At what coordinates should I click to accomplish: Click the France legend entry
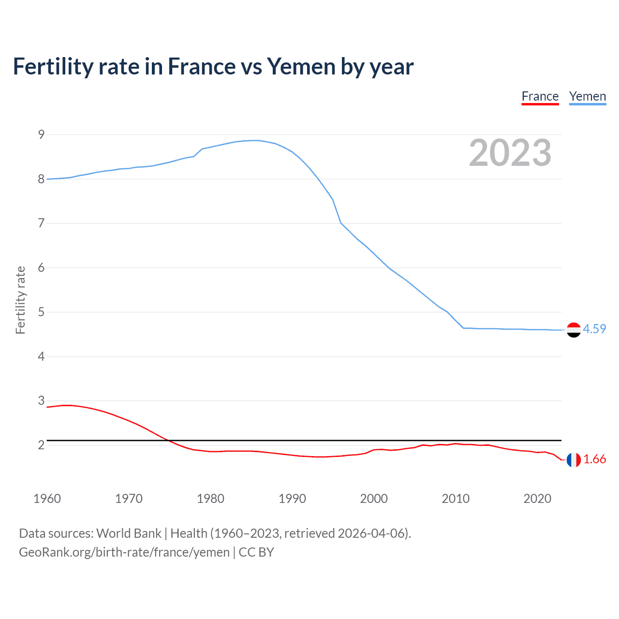(540, 97)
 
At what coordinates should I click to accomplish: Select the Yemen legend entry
(587, 97)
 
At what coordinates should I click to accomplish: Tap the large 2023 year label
(510, 153)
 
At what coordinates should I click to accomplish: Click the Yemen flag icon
(574, 330)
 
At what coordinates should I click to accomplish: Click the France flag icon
(574, 460)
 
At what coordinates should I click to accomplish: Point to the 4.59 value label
(594, 329)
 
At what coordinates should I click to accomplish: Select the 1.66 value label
(594, 459)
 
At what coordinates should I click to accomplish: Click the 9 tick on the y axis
(41, 134)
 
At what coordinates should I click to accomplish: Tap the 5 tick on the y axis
(41, 312)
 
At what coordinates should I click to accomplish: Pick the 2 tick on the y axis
(41, 445)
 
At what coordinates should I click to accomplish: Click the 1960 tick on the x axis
(47, 499)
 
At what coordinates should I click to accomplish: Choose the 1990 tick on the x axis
(292, 499)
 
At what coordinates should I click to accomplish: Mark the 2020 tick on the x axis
(537, 499)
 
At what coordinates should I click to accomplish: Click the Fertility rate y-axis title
(20, 300)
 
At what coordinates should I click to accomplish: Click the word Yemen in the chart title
(301, 67)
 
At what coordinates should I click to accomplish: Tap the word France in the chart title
(201, 67)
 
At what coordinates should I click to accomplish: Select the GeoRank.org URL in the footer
(124, 552)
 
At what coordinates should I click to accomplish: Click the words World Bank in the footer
(129, 533)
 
